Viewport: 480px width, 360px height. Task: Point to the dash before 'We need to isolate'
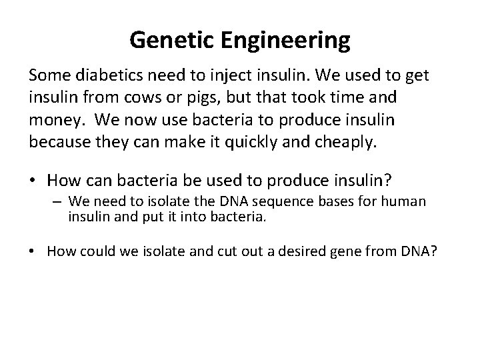pos(60,201)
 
